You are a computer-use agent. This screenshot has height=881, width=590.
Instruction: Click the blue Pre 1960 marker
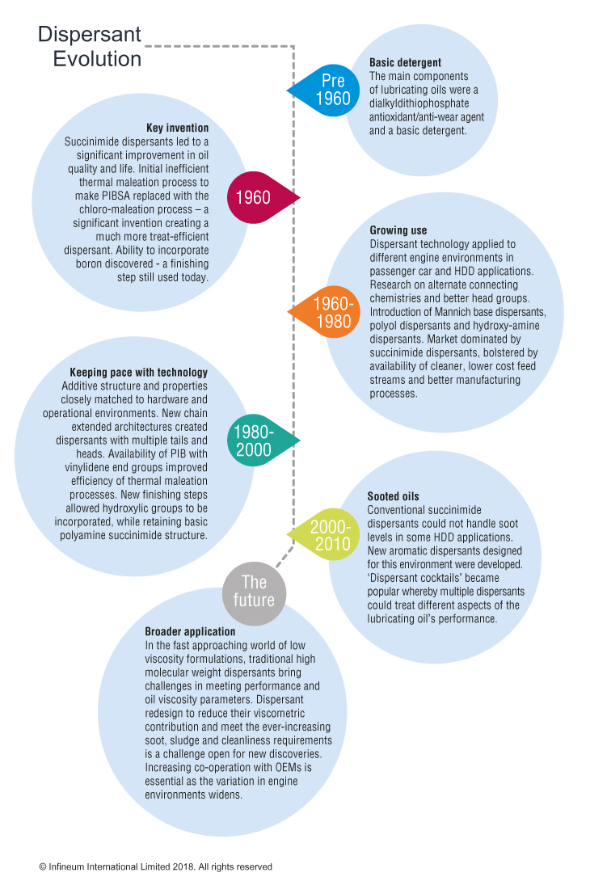coord(326,90)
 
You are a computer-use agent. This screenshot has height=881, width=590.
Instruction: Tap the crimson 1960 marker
coord(261,197)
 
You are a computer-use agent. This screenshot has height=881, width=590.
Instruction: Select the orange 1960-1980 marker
coord(326,313)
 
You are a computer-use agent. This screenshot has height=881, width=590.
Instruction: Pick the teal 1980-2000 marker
coord(261,440)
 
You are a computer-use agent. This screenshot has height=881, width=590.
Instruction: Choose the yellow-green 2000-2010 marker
coord(325,535)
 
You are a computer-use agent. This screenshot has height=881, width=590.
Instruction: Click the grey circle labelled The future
coord(254,591)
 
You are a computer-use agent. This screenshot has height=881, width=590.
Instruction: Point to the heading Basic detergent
coord(405,62)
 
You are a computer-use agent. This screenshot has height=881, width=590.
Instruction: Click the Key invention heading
coord(178,128)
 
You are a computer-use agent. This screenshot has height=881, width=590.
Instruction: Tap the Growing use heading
coord(398,230)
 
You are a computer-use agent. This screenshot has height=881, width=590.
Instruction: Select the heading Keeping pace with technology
coord(139,373)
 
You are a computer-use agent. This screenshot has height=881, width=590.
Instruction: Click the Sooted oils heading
coord(394,496)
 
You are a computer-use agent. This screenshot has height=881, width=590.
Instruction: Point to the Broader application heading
coord(190,631)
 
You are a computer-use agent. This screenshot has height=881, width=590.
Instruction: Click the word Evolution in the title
coord(97,59)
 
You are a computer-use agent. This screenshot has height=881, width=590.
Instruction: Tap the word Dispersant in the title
coord(90,34)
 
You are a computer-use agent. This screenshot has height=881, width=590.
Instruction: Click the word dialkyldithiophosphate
coord(419,103)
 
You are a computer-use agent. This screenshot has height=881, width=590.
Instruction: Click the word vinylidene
coord(86,467)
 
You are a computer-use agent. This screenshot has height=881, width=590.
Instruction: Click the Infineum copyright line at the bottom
coord(156,867)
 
